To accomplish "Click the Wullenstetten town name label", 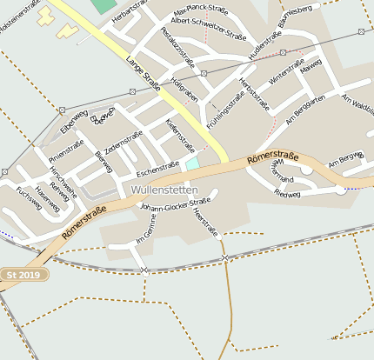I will click(x=164, y=190).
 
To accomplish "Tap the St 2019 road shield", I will click(x=23, y=275).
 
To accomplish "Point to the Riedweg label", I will click(x=287, y=194).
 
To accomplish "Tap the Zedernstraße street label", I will click(x=123, y=143).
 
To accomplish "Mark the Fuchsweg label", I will click(x=29, y=199).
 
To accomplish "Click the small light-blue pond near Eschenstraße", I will click(x=192, y=163).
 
